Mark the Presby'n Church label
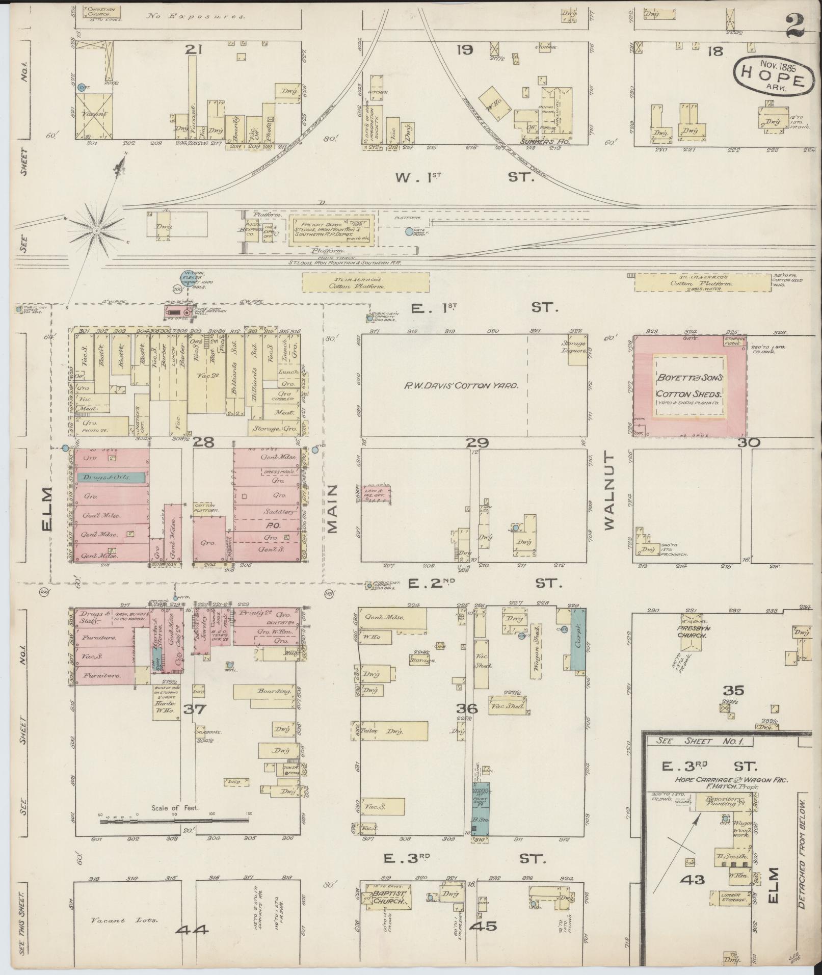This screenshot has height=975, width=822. point(691,632)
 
